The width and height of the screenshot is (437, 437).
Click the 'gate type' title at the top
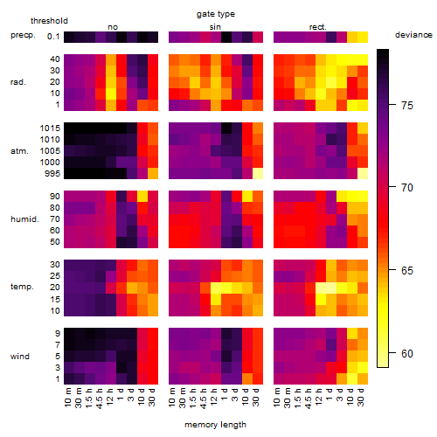pyautogui.click(x=216, y=14)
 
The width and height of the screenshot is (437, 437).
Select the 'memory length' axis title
pyautogui.click(x=215, y=425)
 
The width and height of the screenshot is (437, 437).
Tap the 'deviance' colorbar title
pyautogui.click(x=413, y=35)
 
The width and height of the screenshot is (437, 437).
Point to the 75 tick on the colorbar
pyautogui.click(x=392, y=105)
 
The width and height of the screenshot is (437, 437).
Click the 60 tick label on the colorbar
pyautogui.click(x=407, y=354)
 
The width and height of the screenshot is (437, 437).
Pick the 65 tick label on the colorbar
pyautogui.click(x=407, y=271)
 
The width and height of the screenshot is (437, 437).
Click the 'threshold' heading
pyautogui.click(x=49, y=21)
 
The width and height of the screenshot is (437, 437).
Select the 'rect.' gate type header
pyautogui.click(x=317, y=27)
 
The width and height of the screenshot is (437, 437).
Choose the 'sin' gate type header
pyautogui.click(x=215, y=27)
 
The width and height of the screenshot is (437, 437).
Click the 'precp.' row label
pyautogui.click(x=23, y=35)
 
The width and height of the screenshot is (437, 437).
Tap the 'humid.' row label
pyautogui.click(x=24, y=219)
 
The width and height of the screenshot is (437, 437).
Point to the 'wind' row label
pyautogui.click(x=20, y=357)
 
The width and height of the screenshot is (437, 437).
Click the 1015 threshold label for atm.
pyautogui.click(x=50, y=128)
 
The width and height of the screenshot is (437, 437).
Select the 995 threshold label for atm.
pyautogui.click(x=52, y=174)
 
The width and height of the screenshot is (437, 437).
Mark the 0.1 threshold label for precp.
pyautogui.click(x=53, y=37)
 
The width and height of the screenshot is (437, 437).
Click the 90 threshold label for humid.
pyautogui.click(x=54, y=197)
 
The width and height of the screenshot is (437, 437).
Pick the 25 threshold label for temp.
pyautogui.click(x=55, y=276)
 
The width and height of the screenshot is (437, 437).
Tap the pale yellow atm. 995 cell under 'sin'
pyautogui.click(x=258, y=174)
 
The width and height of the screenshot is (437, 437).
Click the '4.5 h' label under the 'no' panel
pyautogui.click(x=99, y=398)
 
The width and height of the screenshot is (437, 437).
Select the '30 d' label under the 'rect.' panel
pyautogui.click(x=361, y=397)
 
